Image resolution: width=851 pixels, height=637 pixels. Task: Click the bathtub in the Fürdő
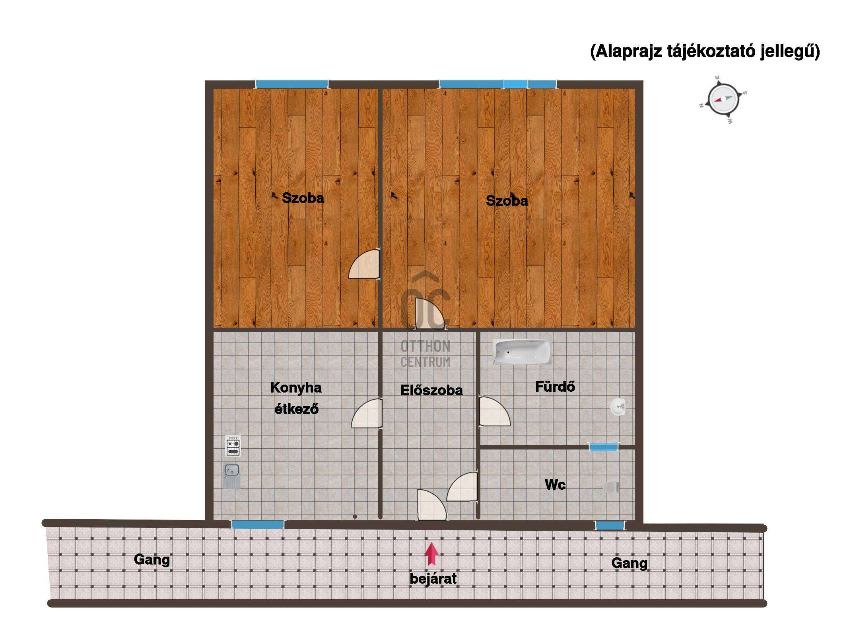(522, 352)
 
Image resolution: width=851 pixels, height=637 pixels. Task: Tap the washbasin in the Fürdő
(618, 407)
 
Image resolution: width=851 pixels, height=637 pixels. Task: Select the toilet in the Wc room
(611, 487)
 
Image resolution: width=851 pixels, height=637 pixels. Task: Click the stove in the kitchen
(233, 446)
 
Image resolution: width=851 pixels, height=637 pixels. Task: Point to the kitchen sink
(231, 475)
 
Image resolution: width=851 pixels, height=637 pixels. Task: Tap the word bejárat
(433, 578)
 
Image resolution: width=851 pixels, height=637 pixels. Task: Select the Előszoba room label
(431, 390)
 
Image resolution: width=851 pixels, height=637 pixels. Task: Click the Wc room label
(555, 485)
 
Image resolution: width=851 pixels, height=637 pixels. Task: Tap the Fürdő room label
(555, 387)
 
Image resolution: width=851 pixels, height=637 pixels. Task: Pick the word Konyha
(296, 388)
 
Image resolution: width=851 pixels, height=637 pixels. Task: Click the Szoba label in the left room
(303, 198)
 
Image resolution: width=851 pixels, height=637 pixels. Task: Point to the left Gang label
(152, 560)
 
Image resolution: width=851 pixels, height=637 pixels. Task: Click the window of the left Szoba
(292, 84)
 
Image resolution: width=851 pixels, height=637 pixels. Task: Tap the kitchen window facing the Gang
(258, 524)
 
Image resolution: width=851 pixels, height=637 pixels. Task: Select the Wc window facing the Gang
(609, 526)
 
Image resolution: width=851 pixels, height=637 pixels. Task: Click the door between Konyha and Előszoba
(367, 414)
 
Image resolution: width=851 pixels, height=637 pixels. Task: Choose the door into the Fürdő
(494, 411)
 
